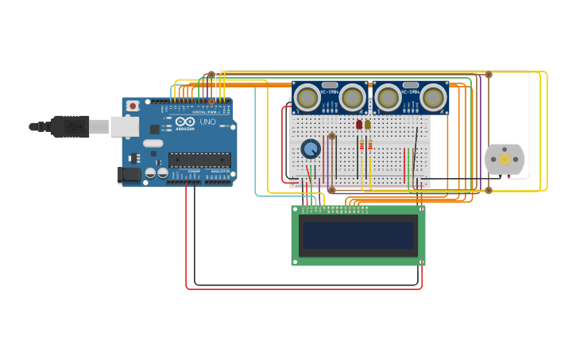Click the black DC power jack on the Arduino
(128, 174)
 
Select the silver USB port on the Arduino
(124, 126)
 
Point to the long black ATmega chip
(199, 160)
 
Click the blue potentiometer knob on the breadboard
(311, 149)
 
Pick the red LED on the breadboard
(359, 125)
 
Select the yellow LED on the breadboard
(368, 125)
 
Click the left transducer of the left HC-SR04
(307, 97)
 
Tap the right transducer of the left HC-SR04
(352, 97)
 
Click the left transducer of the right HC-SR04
(388, 97)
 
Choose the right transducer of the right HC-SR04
(433, 97)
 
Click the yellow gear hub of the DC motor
(504, 159)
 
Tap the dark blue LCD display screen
(358, 235)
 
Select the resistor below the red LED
(361, 145)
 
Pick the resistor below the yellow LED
(370, 145)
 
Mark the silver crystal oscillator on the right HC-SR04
(411, 84)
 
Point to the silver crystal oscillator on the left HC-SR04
(330, 84)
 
